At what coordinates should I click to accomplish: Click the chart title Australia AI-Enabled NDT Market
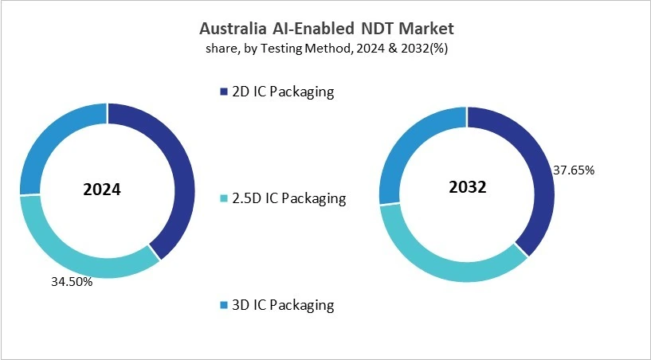pyautogui.click(x=325, y=29)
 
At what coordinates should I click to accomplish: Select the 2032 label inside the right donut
pyautogui.click(x=467, y=188)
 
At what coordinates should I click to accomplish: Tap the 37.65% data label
pyautogui.click(x=573, y=170)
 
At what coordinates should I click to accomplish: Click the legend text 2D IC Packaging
pyautogui.click(x=282, y=92)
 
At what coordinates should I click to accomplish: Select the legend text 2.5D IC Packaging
pyautogui.click(x=288, y=198)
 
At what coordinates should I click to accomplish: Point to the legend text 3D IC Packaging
pyautogui.click(x=282, y=305)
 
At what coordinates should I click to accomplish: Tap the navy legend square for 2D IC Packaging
pyautogui.click(x=223, y=92)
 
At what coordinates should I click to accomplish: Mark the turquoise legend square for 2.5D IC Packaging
pyautogui.click(x=223, y=199)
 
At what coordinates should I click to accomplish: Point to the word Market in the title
pyautogui.click(x=426, y=29)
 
